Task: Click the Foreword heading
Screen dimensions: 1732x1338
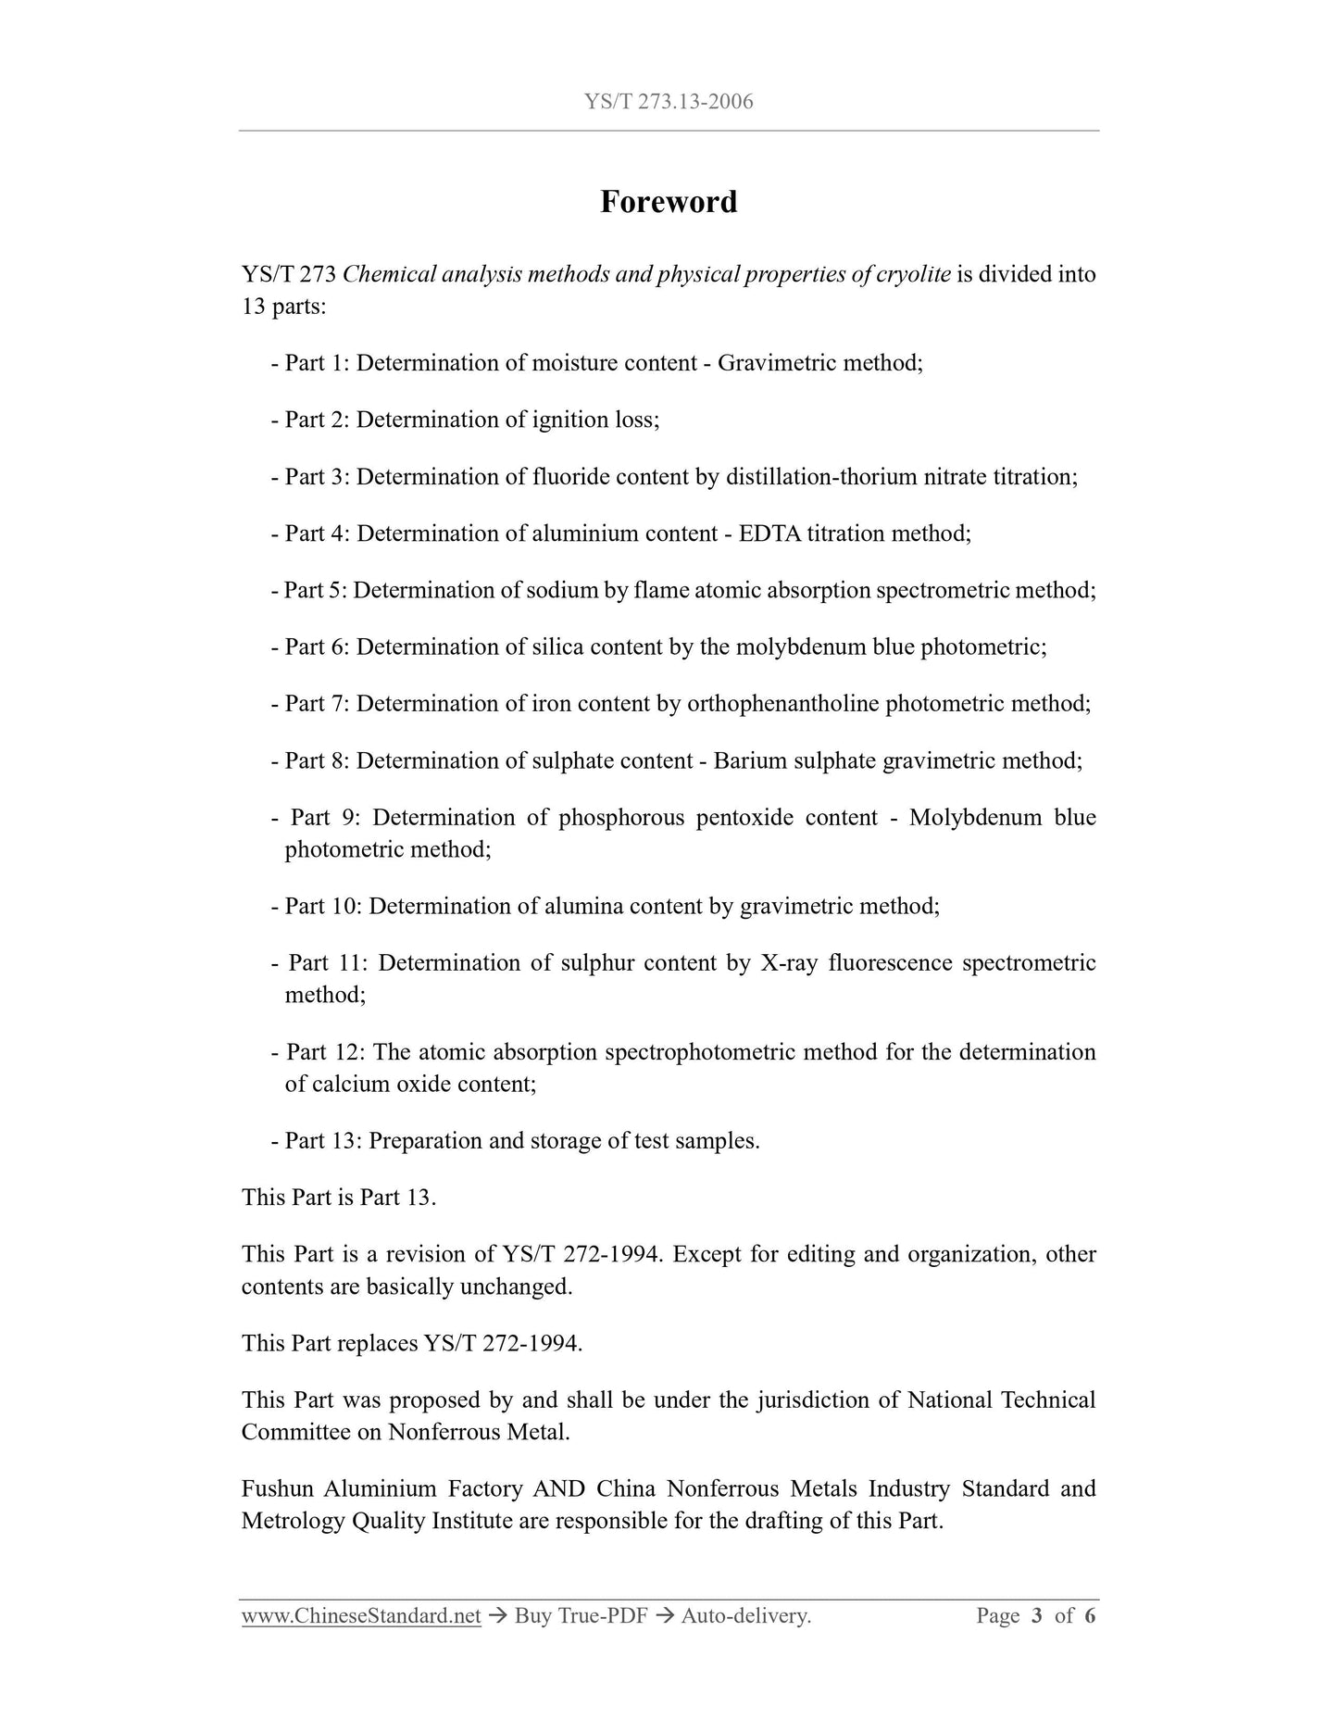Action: [669, 202]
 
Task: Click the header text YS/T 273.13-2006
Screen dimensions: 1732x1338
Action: [669, 102]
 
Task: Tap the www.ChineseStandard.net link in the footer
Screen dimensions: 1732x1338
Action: [361, 1616]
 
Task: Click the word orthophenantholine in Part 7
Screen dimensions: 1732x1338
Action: [782, 704]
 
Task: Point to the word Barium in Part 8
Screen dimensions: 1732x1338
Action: [747, 760]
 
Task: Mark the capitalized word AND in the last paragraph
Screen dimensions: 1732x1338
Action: [558, 1489]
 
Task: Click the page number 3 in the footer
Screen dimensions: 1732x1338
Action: [1036, 1616]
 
